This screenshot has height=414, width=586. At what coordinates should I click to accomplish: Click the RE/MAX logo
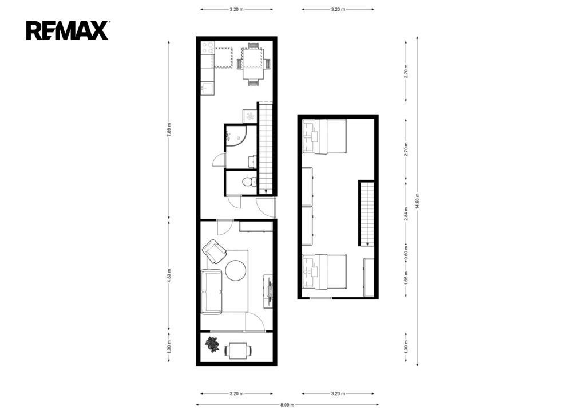pos(68,30)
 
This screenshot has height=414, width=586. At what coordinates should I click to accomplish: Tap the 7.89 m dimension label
pos(169,130)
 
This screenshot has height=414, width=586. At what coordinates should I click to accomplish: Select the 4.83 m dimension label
pos(169,275)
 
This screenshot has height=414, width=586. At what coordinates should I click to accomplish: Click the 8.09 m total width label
pos(287,405)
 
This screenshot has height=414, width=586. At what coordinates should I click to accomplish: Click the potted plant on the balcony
pos(212,344)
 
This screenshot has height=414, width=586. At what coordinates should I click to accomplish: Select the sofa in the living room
pos(212,291)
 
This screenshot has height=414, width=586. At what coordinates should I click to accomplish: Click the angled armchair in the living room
pos(215,251)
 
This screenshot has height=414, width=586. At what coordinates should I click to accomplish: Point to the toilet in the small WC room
pos(247,182)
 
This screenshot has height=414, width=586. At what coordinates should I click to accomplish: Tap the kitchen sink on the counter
pos(207,88)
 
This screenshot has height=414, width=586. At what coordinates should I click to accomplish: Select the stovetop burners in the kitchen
pos(207,48)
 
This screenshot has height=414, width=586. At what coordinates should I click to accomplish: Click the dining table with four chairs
pos(253,64)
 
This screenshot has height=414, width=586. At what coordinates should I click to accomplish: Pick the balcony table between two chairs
pos(237,351)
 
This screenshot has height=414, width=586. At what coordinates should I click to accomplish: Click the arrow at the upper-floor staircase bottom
pos(367,243)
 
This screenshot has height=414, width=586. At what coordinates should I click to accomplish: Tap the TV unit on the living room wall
pos(269,291)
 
